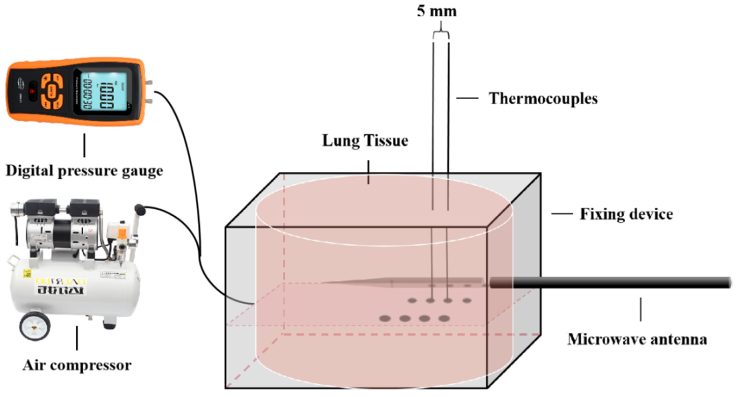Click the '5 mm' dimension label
pos(437,11)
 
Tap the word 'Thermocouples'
pos(543,99)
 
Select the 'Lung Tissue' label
pos(365,141)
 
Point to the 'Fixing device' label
pos(626,214)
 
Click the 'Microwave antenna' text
pos(637,339)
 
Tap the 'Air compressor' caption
pos(77,365)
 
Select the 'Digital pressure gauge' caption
pos(84,171)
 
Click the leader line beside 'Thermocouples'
pos(467,98)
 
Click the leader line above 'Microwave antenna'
pos(641,310)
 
